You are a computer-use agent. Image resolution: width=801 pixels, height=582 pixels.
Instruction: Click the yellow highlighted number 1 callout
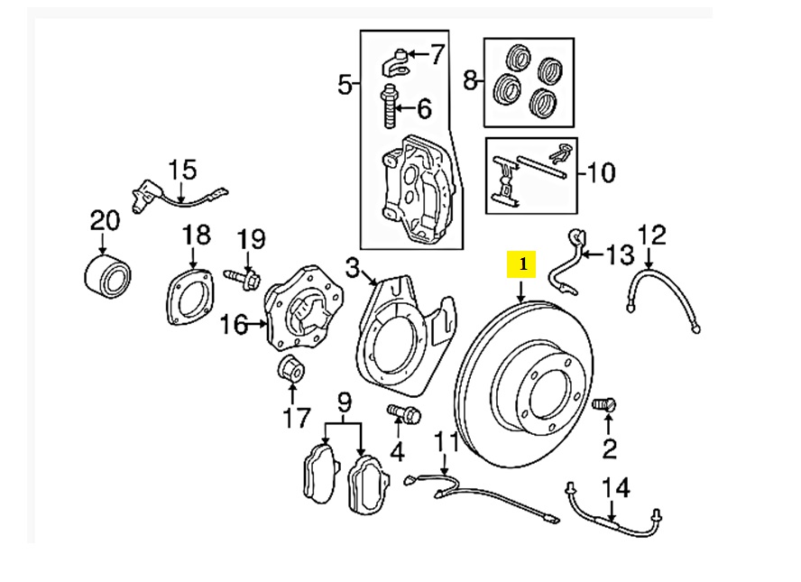click(x=521, y=264)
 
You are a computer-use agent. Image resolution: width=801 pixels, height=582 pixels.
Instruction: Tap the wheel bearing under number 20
click(x=107, y=275)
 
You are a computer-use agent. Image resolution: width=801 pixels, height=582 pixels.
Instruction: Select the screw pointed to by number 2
click(x=604, y=405)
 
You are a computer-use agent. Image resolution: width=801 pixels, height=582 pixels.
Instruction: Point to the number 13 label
click(x=619, y=254)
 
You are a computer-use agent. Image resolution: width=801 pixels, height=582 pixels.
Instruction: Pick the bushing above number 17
click(x=291, y=367)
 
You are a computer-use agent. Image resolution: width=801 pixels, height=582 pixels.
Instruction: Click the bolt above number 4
click(x=403, y=413)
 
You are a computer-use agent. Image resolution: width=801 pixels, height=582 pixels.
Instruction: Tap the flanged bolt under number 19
click(x=242, y=277)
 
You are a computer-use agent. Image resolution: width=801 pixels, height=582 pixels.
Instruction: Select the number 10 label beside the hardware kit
click(x=601, y=172)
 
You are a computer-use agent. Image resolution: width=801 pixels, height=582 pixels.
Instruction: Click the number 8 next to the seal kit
click(x=471, y=80)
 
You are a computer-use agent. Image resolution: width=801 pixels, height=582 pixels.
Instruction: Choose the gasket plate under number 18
click(x=190, y=298)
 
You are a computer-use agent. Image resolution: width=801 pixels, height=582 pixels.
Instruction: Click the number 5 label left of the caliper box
click(x=345, y=84)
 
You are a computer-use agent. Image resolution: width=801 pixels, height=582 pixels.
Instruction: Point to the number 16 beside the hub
click(x=235, y=324)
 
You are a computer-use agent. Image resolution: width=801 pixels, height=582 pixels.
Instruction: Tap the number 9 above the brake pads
click(x=345, y=404)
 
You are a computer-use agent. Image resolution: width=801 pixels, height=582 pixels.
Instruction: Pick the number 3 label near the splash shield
click(x=353, y=268)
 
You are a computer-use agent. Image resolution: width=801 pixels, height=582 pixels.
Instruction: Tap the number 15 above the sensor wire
click(x=182, y=170)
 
